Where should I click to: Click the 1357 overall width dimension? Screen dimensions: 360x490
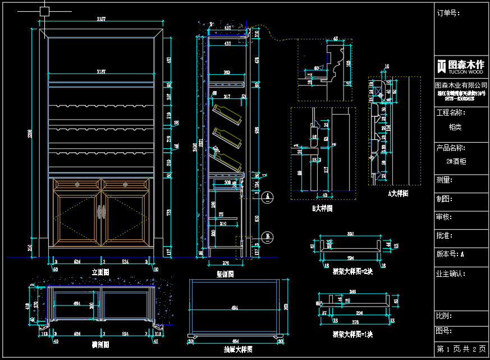pos(102,20)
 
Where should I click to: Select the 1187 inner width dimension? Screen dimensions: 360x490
pos(102,71)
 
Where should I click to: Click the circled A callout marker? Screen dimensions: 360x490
pos(268,196)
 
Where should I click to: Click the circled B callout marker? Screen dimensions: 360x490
pos(268,235)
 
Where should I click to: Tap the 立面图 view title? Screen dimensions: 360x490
pos(100,272)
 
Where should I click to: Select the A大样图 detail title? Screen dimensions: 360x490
pos(398,193)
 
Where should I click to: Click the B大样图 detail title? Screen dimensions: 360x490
pos(322,208)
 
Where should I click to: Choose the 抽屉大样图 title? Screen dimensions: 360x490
pos(236,349)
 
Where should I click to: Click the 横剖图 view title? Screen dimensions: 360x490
pos(100,344)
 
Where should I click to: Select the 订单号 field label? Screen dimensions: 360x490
pos(448,13)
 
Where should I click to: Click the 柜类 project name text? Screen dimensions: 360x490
pos(455,127)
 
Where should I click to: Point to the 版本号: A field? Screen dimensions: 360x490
pos(450,254)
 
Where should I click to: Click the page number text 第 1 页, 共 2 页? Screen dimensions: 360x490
pos(461,349)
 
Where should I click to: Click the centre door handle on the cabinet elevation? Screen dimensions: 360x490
pos(102,212)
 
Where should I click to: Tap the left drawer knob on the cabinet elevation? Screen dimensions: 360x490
pos(77,184)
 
